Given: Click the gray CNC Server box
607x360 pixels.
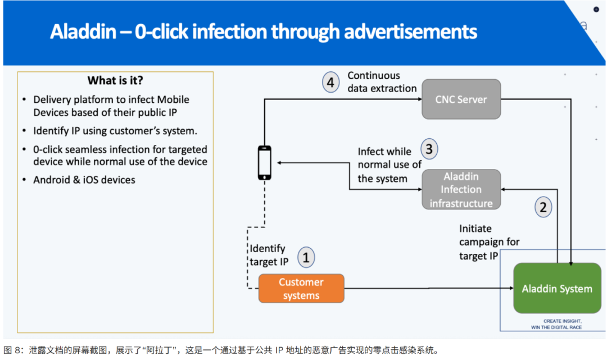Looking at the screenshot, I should click(x=461, y=100).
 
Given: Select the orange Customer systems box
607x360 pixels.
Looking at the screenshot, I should click(x=301, y=289).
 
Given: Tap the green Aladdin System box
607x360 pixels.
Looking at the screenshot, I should click(x=557, y=289).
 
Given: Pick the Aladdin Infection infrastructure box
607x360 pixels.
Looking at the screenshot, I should click(x=461, y=190).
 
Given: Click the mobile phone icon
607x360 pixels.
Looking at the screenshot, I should click(x=264, y=163).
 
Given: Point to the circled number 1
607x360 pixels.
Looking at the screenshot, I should click(x=306, y=257).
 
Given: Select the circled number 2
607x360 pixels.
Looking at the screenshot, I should click(x=542, y=207).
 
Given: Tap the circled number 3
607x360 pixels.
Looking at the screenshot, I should click(x=429, y=149).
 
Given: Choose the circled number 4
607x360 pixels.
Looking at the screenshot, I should click(x=330, y=83).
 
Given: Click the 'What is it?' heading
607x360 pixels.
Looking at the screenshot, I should click(x=115, y=80).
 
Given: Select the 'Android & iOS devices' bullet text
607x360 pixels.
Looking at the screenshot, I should click(x=84, y=180).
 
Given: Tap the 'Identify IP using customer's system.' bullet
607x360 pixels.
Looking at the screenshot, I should click(x=115, y=131).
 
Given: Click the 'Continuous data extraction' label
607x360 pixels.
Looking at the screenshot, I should click(x=382, y=82).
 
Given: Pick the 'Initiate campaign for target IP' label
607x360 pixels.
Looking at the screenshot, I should click(x=489, y=242).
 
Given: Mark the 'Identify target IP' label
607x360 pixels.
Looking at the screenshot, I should click(x=268, y=255).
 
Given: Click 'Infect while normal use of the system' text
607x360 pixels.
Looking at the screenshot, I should click(x=389, y=165).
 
